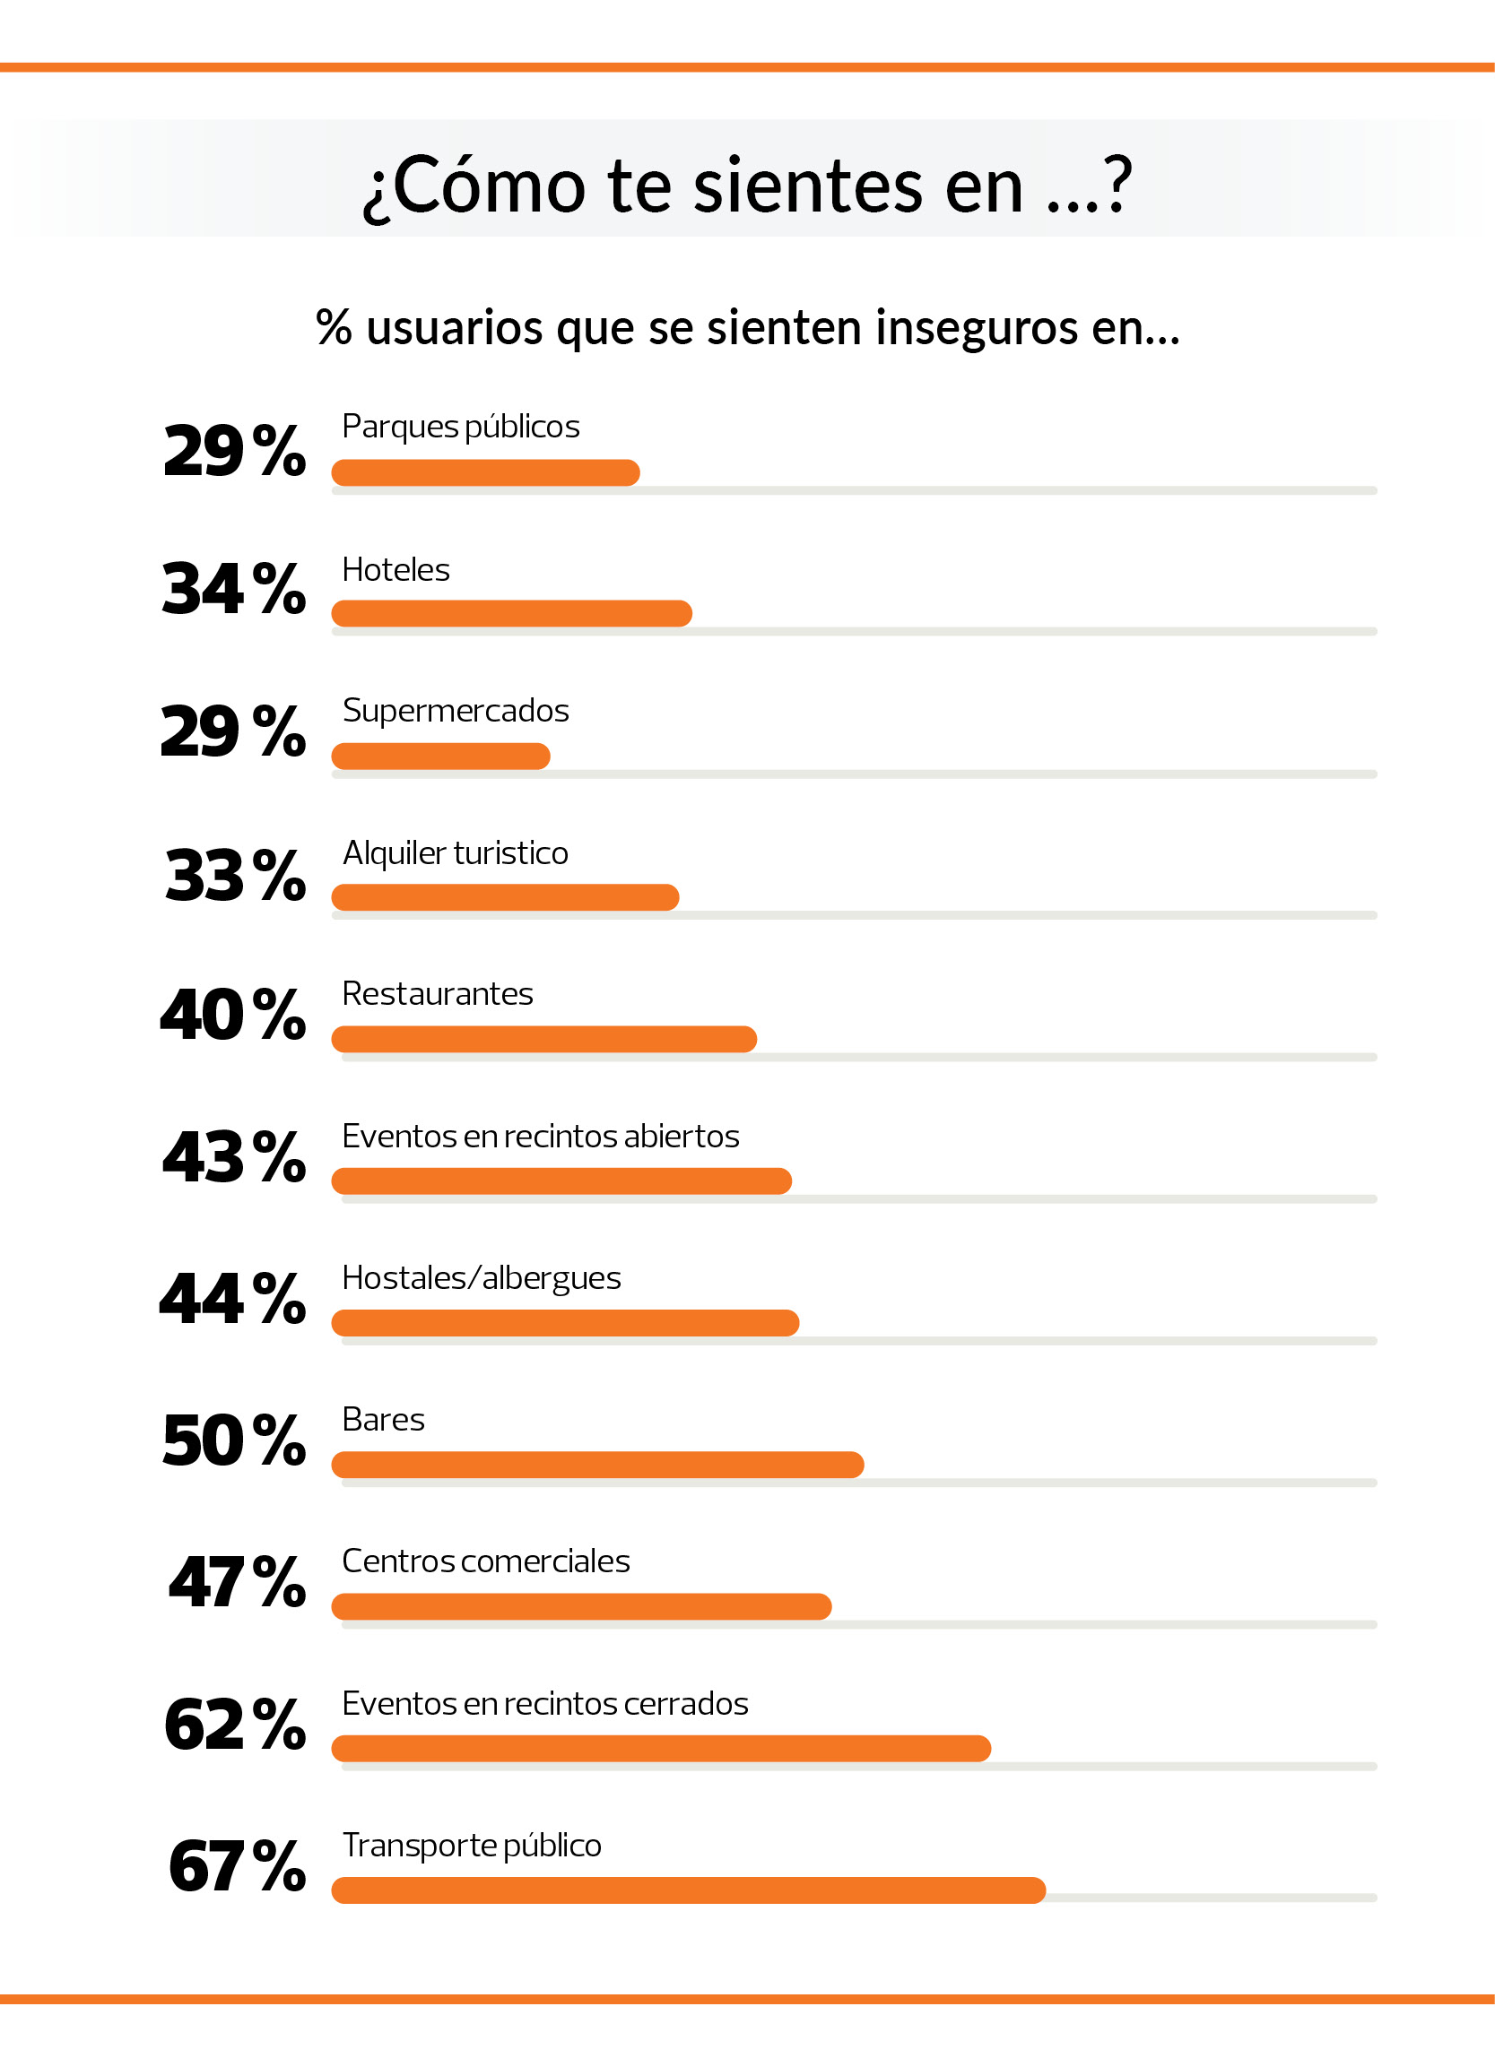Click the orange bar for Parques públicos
tap(485, 472)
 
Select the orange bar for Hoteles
tap(511, 613)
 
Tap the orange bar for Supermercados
tap(440, 756)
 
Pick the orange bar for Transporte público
tap(688, 1890)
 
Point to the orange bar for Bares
tap(597, 1465)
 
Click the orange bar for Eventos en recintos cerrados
tap(661, 1748)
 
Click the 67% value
tap(236, 1866)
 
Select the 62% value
tap(234, 1725)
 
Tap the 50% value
tap(233, 1440)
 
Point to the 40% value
tap(232, 1015)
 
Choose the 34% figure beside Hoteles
tap(233, 589)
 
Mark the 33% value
tap(234, 875)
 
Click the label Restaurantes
tap(438, 993)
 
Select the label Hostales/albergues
tap(482, 1277)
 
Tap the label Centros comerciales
tap(486, 1561)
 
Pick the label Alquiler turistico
tap(455, 852)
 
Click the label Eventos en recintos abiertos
tap(541, 1136)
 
